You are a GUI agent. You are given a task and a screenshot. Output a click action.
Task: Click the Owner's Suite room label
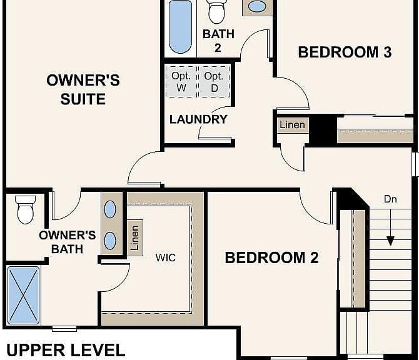(x=83, y=89)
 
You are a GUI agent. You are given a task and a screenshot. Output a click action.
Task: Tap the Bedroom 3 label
(x=345, y=52)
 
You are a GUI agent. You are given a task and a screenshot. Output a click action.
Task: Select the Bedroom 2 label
(x=272, y=257)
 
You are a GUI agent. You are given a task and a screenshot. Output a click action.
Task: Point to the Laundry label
(x=198, y=119)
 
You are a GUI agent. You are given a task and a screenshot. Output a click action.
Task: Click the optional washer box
(x=181, y=82)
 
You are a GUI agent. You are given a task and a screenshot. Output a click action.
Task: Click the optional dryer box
(x=215, y=82)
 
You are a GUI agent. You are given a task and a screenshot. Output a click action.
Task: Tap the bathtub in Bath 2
(x=180, y=27)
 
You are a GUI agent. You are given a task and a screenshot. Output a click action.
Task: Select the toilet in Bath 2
(x=216, y=12)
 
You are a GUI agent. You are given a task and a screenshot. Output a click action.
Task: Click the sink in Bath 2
(x=257, y=7)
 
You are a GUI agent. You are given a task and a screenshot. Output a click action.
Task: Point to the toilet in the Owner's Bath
(x=26, y=209)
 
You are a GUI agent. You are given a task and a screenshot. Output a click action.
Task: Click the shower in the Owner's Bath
(x=23, y=295)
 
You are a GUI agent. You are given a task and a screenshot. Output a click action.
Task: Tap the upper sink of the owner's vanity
(x=110, y=209)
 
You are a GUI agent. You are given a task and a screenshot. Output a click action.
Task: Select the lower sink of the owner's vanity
(x=110, y=241)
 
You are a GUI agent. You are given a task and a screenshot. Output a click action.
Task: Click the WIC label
(x=165, y=257)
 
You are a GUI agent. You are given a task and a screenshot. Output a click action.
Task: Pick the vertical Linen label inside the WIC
(x=135, y=238)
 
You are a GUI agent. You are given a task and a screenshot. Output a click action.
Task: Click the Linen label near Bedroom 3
(x=292, y=125)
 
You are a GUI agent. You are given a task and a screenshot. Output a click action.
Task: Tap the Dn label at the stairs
(x=390, y=199)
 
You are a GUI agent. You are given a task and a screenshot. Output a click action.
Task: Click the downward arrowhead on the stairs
(x=390, y=241)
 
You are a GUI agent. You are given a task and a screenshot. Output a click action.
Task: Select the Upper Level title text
(x=66, y=350)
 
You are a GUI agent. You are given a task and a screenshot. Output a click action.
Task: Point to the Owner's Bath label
(x=68, y=242)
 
